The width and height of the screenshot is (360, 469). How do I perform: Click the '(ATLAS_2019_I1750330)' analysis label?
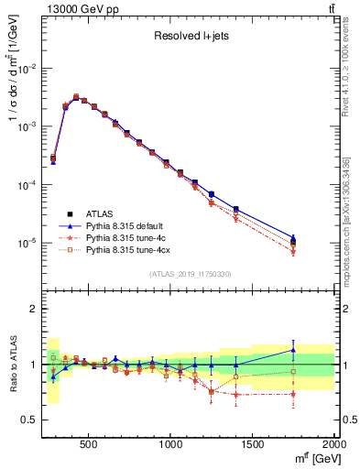point(190,274)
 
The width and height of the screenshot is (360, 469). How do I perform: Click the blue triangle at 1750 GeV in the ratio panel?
point(293,349)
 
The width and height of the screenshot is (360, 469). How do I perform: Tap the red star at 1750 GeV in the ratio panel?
point(293,394)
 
